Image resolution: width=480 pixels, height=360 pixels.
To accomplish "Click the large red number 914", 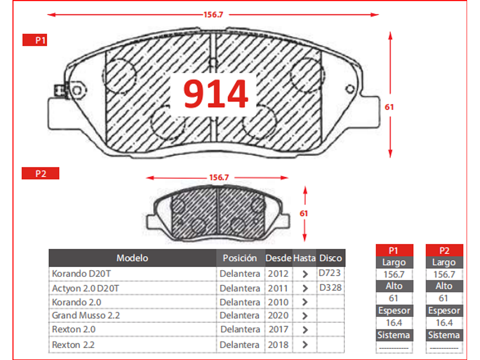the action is click(x=215, y=94).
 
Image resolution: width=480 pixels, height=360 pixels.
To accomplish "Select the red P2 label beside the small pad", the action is click(x=40, y=174).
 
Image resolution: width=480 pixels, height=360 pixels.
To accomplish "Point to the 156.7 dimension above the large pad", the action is click(x=214, y=14).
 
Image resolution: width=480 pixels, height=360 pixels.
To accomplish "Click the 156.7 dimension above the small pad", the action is click(x=219, y=178).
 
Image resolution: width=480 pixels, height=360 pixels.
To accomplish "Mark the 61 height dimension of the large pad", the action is click(x=389, y=107).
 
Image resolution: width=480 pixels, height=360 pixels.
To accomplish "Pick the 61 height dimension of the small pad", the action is click(x=304, y=213).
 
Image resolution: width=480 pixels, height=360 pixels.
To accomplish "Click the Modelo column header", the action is click(x=132, y=258).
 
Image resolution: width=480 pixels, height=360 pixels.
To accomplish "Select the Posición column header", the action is click(x=240, y=258).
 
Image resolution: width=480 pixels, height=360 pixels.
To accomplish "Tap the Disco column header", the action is click(x=331, y=258).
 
